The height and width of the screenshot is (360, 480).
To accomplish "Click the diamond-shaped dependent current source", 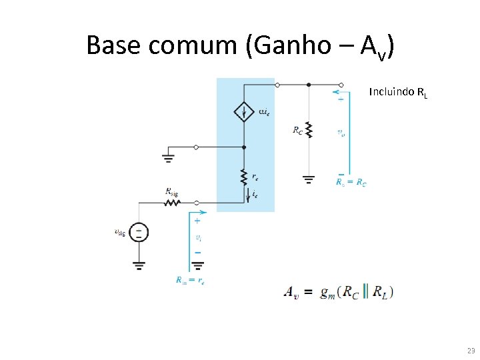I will click(x=245, y=111).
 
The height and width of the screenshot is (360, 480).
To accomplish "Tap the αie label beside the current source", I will click(x=264, y=111).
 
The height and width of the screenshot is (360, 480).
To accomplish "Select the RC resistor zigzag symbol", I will click(x=308, y=129).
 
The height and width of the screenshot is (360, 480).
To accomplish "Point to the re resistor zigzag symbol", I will click(x=245, y=176).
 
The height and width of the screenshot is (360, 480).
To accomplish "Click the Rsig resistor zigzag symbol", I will click(x=172, y=201).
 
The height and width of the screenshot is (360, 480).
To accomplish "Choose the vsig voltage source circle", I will click(x=139, y=232).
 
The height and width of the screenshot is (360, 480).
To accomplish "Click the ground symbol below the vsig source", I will click(x=139, y=264).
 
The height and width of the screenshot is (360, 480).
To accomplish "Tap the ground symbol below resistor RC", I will click(x=308, y=179).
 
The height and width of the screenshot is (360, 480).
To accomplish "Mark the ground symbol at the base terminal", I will click(x=167, y=158).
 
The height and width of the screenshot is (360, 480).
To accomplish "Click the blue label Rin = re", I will click(x=190, y=281).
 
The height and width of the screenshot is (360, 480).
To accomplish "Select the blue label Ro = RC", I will click(x=351, y=182).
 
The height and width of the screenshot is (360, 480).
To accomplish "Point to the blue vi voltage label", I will click(x=198, y=237).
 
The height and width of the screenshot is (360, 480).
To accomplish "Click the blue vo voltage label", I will click(x=341, y=133).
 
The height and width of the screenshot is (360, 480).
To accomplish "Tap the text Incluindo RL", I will click(x=398, y=93).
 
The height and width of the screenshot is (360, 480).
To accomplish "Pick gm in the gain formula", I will click(x=327, y=293).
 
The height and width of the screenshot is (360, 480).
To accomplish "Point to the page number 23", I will click(x=471, y=351).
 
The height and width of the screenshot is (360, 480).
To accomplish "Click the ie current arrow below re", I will click(x=248, y=195).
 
